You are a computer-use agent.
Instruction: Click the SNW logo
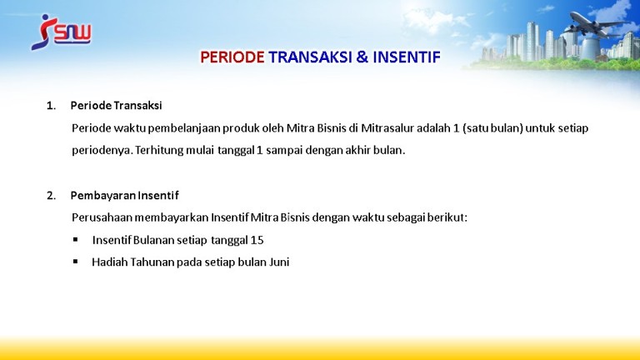pos(61,32)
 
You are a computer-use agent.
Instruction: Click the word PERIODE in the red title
pos(232,57)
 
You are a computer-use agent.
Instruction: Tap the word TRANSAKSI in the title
pos(310,57)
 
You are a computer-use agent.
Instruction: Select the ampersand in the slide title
pos(362,57)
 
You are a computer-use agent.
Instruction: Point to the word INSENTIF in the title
pos(407,57)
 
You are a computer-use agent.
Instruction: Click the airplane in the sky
pos(595,23)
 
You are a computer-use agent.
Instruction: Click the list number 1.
pos(51,106)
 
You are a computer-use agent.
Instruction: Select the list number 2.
pos(51,196)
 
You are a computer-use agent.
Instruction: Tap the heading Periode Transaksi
pos(117,106)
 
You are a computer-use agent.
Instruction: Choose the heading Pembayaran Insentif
pos(124,196)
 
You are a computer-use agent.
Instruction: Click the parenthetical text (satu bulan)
pos(492,128)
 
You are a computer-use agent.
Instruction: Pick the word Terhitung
pos(159,151)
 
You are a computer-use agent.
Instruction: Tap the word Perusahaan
pos(102,217)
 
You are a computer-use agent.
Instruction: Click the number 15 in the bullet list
pos(257,240)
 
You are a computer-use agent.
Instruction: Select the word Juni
pos(279,262)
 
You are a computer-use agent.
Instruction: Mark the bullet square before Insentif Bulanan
pos(76,240)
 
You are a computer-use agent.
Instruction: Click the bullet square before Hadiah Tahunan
pos(76,262)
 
